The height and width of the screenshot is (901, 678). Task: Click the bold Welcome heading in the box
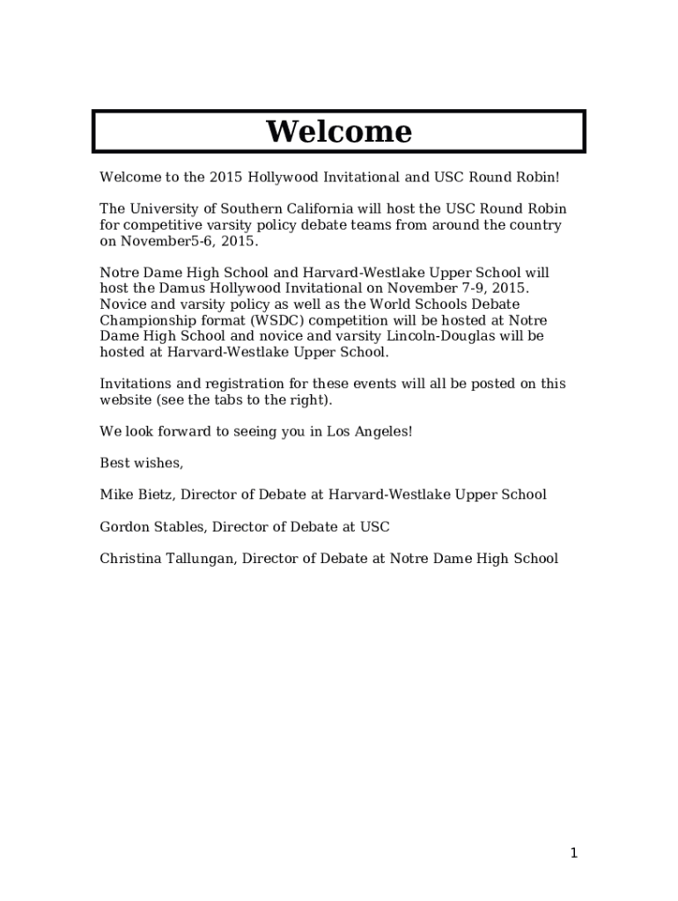339,132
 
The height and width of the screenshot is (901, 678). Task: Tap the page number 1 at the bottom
573,853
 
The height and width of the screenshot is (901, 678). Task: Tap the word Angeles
381,431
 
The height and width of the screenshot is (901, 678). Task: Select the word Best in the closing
114,463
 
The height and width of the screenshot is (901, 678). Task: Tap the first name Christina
130,559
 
